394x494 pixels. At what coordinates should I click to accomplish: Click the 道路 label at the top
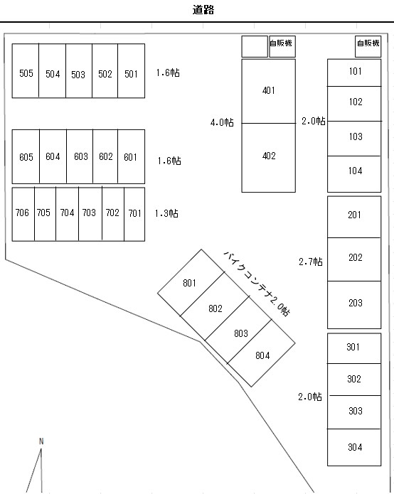[x=203, y=10]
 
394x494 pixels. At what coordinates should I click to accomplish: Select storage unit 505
[x=26, y=71]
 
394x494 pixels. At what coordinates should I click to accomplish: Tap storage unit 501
[x=131, y=71]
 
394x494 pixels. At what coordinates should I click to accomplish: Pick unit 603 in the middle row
[x=80, y=156]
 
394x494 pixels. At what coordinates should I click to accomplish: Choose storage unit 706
[x=23, y=214]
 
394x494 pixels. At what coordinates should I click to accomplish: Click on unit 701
[x=134, y=214]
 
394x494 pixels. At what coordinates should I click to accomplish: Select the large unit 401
[x=269, y=91]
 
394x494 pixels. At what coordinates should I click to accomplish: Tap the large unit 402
[x=269, y=158]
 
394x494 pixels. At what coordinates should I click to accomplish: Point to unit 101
[x=354, y=73]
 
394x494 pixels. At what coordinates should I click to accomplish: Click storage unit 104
[x=354, y=174]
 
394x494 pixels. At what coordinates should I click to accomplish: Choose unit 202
[x=354, y=259]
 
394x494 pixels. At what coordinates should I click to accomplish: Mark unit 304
[x=354, y=447]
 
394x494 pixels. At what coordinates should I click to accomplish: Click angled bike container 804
[x=261, y=353]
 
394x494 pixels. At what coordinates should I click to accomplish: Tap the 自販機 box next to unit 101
[x=368, y=46]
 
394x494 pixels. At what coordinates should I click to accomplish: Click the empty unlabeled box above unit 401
[x=255, y=46]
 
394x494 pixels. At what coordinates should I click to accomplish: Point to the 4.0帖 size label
[x=222, y=122]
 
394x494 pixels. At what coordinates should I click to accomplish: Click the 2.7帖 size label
[x=311, y=262]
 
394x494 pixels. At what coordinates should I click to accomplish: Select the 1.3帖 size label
[x=166, y=214]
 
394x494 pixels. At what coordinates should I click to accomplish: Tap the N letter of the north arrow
[x=41, y=441]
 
